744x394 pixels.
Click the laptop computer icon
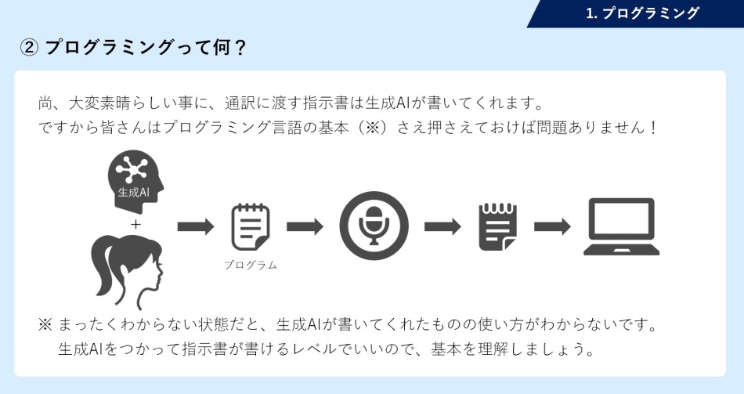621,227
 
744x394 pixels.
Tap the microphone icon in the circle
374,226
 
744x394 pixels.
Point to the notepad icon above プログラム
250,227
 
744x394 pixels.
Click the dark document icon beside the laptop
498,227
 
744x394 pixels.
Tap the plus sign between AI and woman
136,224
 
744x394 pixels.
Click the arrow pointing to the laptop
552,226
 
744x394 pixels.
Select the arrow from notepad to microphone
305,226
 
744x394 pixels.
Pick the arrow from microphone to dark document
442,226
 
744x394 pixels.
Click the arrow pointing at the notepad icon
196,226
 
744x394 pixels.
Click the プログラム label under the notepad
251,265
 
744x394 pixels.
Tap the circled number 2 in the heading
29,48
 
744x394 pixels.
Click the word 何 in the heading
222,48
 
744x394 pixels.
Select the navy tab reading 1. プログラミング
635,13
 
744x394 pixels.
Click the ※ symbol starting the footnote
45,325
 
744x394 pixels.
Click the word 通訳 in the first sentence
240,103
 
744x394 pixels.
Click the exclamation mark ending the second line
653,127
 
